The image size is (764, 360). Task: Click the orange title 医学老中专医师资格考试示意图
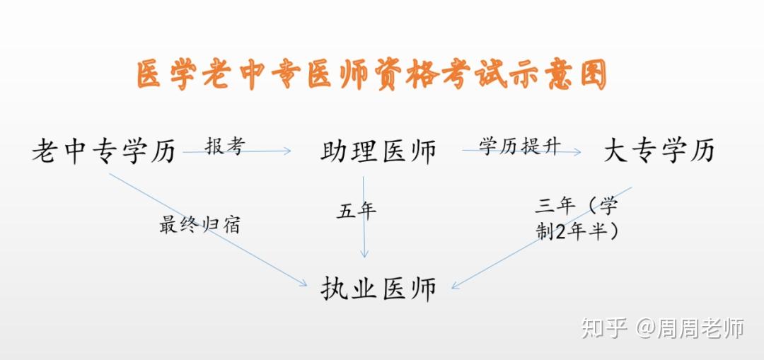[x=372, y=75]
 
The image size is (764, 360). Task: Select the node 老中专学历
[x=103, y=151]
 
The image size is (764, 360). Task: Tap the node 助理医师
[x=378, y=151]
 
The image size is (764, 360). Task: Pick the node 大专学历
[x=659, y=151]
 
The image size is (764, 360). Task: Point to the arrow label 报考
[x=224, y=146]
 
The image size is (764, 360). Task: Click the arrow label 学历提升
[x=520, y=146]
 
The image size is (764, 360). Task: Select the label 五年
[x=356, y=211]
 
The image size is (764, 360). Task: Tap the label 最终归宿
[x=199, y=225]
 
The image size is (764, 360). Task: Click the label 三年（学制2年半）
[x=577, y=219]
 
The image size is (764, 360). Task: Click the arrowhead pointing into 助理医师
[x=288, y=151]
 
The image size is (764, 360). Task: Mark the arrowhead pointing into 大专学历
[x=578, y=151]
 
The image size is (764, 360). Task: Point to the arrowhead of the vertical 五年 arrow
[x=364, y=254]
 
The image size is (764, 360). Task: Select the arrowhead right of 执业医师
[x=456, y=286]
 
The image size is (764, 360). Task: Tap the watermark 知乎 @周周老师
[x=663, y=328]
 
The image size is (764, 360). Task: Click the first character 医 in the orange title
[x=149, y=75]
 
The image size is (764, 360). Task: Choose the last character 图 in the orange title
[x=594, y=75]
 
